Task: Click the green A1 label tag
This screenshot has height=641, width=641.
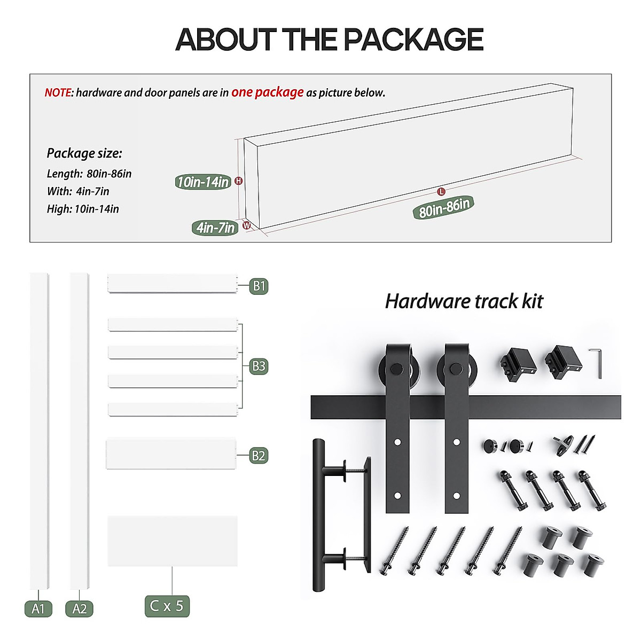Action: click(x=38, y=608)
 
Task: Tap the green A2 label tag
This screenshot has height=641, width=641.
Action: click(x=79, y=608)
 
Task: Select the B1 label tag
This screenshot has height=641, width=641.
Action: click(x=259, y=286)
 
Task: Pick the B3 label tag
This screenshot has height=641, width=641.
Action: click(x=259, y=366)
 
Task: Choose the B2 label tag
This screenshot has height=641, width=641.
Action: click(x=259, y=455)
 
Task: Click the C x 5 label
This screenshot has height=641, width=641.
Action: click(x=167, y=606)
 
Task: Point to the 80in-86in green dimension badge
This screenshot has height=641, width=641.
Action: click(x=443, y=207)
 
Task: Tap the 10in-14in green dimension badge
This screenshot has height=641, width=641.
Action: click(x=203, y=182)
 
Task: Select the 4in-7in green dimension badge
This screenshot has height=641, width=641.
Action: click(x=215, y=228)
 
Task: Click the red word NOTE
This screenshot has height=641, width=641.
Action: click(x=58, y=93)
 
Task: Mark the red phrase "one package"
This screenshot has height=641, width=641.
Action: click(x=267, y=92)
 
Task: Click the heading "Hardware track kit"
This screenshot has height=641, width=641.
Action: click(x=464, y=301)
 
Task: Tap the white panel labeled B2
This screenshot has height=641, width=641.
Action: click(x=171, y=454)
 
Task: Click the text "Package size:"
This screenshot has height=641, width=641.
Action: click(x=84, y=153)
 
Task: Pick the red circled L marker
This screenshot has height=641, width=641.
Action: click(x=441, y=191)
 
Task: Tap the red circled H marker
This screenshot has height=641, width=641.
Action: click(x=239, y=181)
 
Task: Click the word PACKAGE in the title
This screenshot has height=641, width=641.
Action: click(x=413, y=40)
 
